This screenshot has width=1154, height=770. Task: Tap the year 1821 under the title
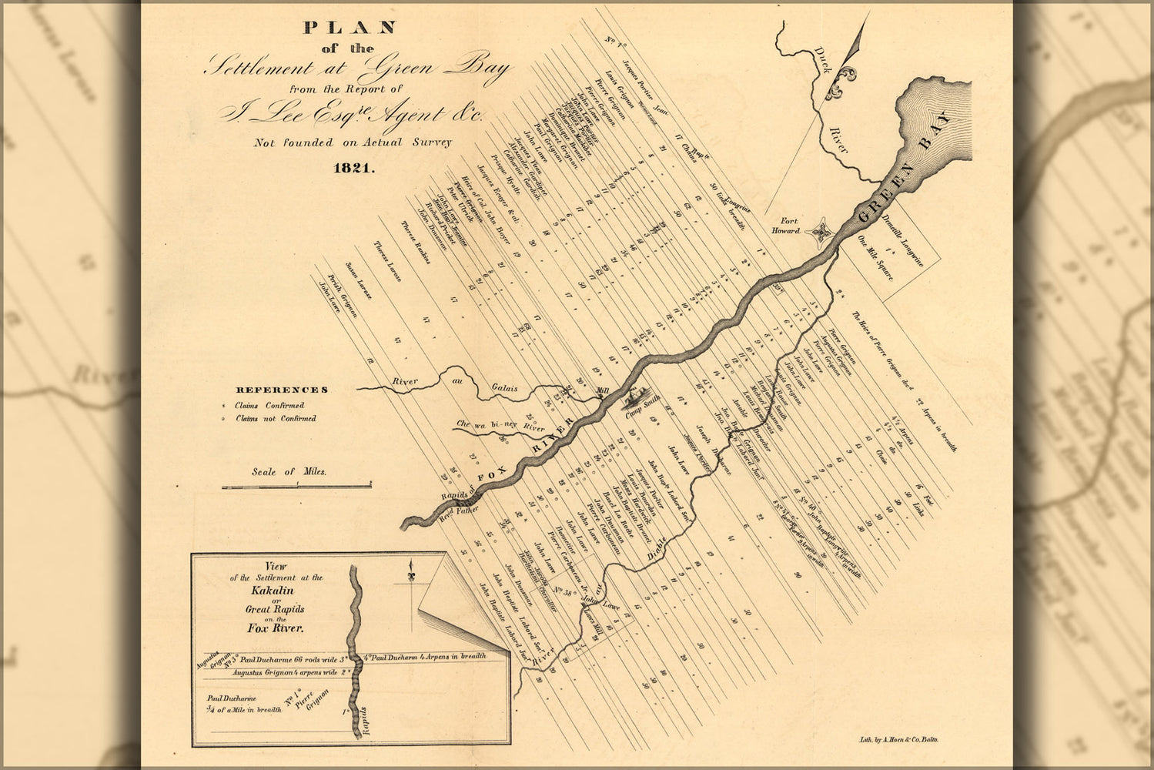coord(353,169)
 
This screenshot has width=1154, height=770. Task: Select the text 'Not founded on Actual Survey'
coord(353,142)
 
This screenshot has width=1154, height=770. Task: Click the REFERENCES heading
coord(282,390)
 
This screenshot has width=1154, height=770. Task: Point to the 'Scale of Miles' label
coord(289,472)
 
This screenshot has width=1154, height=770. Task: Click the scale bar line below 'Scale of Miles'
coord(296,486)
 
